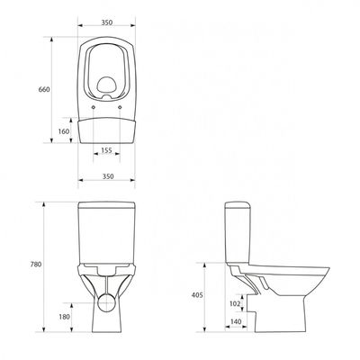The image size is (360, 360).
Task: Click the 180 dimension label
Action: [64, 317]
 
